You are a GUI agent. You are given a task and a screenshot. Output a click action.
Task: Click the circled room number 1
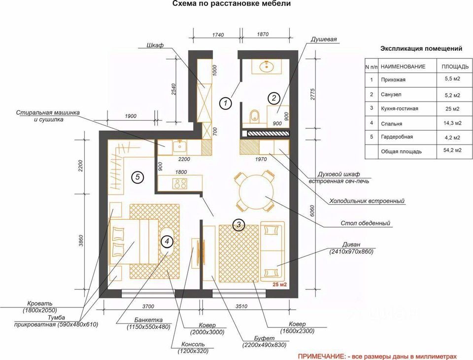[x=225, y=103]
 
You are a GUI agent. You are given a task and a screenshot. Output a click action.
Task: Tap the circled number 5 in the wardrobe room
[x=137, y=177]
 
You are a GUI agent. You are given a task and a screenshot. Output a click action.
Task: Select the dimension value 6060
[x=311, y=212]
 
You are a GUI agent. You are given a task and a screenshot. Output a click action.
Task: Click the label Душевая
[x=324, y=39]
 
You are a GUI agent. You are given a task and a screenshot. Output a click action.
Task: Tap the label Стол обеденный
[x=366, y=223]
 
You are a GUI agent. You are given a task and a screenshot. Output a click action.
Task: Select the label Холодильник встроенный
[x=367, y=201]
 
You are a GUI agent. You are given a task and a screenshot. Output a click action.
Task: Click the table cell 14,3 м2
[x=450, y=123]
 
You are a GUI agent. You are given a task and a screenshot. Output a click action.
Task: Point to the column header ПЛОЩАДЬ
[x=451, y=66]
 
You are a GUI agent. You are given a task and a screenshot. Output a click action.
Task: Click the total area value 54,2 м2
[x=450, y=150]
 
